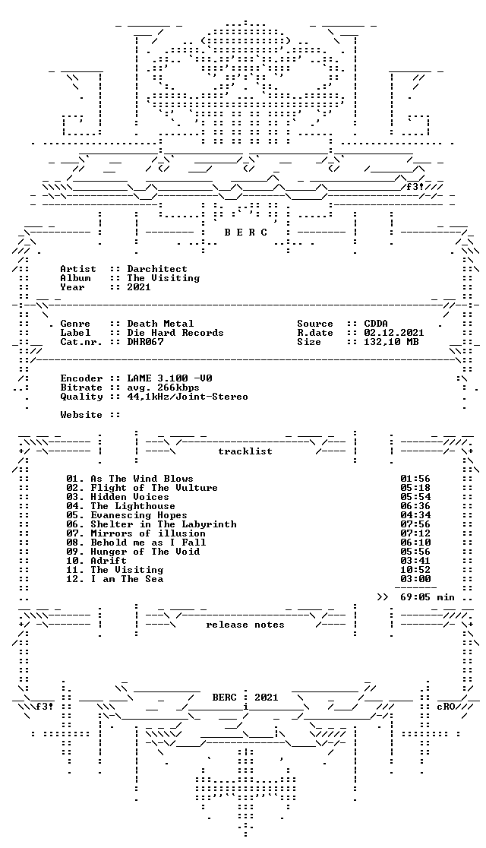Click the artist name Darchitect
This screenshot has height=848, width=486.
coord(157,269)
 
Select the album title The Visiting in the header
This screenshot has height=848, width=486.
coord(163,278)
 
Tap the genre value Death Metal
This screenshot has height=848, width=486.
coord(160,324)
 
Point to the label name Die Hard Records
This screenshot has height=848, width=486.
coord(175,333)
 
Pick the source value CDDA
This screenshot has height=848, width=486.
coord(376,324)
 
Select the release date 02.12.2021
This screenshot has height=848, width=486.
coord(393,333)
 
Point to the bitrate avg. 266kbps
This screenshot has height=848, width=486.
coord(163,388)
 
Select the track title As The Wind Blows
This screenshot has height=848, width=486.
coord(142,479)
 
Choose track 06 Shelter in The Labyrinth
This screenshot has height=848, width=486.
coord(151,524)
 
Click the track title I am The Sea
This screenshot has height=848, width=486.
coord(127,579)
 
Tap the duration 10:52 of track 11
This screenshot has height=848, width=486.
coord(415,570)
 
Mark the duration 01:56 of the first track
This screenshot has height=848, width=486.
coord(415,479)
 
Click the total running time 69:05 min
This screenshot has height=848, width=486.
coord(427,597)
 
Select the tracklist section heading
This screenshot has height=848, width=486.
coord(245,451)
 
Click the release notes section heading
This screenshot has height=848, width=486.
coord(245,625)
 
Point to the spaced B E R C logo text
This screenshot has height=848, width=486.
coord(245,233)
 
